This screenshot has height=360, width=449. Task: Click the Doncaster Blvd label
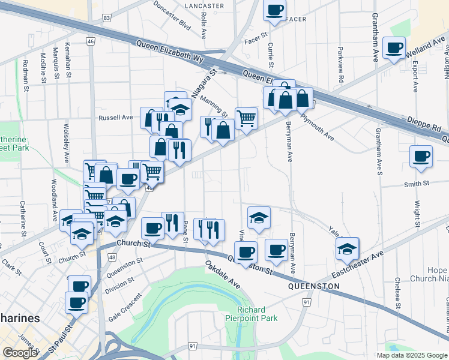click(172, 16)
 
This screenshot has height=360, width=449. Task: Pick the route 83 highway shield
click(106, 19)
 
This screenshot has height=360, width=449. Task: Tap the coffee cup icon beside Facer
click(275, 10)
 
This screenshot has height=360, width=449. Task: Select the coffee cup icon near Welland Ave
click(394, 47)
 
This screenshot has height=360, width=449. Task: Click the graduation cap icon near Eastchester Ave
click(347, 247)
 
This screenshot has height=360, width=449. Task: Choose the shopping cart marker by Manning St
click(246, 118)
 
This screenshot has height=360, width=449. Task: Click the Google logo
click(20, 353)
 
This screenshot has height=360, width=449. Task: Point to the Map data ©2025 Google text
click(411, 355)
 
